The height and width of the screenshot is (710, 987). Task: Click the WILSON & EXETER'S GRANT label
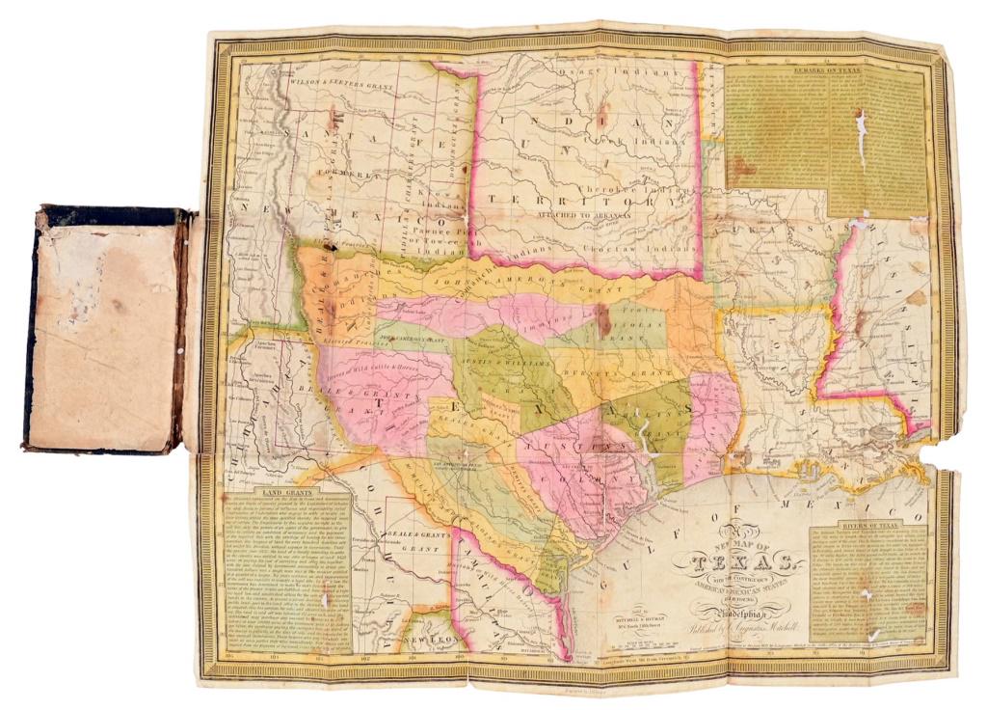point(339,85)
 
